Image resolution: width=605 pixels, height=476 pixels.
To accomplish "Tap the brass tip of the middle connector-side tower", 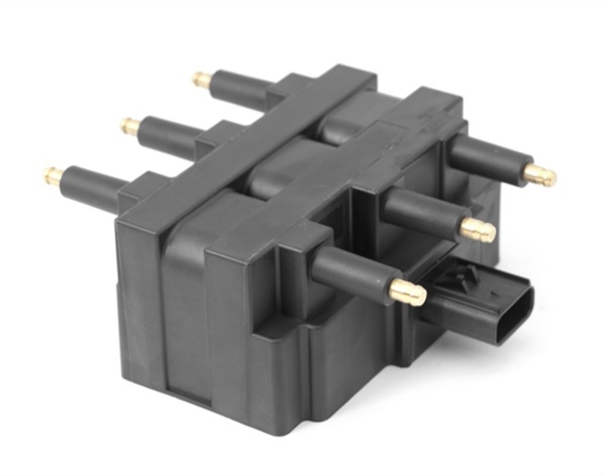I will pyautogui.click(x=478, y=230).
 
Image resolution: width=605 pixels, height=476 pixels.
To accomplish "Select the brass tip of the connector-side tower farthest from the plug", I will pyautogui.click(x=540, y=175).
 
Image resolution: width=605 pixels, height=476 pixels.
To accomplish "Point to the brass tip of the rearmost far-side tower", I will pyautogui.click(x=201, y=79).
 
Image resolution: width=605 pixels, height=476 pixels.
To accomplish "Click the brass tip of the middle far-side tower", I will pyautogui.click(x=130, y=126).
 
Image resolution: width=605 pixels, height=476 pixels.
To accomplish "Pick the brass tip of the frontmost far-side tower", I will pyautogui.click(x=54, y=176).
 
